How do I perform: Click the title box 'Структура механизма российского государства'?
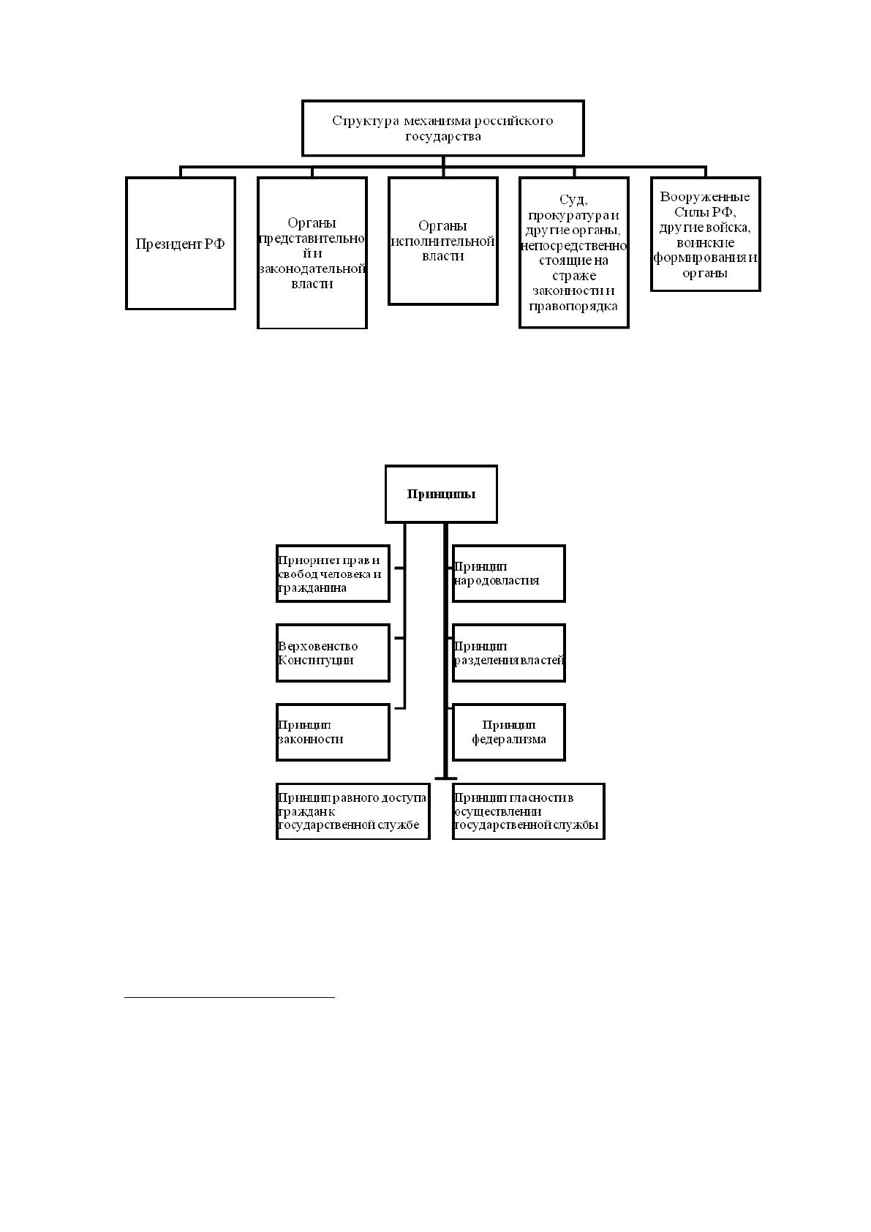pyautogui.click(x=442, y=128)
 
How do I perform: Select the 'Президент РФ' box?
pyautogui.click(x=181, y=243)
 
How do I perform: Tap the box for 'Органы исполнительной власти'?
pyautogui.click(x=442, y=241)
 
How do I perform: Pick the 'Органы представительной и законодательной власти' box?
pyautogui.click(x=312, y=253)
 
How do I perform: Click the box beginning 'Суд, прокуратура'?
pyautogui.click(x=573, y=252)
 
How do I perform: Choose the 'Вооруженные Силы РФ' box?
pyautogui.click(x=706, y=234)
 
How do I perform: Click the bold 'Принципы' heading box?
pyautogui.click(x=441, y=494)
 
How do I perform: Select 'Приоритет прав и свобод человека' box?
pyautogui.click(x=333, y=574)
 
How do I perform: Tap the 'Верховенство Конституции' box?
pyautogui.click(x=333, y=653)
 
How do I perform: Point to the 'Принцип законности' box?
pyautogui.click(x=333, y=732)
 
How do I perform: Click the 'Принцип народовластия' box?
pyautogui.click(x=509, y=574)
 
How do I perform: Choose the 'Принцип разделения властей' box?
pyautogui.click(x=509, y=653)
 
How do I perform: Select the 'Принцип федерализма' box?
pyautogui.click(x=509, y=732)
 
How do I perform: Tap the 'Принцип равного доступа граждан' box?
pyautogui.click(x=352, y=811)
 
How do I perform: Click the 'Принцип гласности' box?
pyautogui.click(x=529, y=811)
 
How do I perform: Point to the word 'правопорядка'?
pyautogui.click(x=573, y=307)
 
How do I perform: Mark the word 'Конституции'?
pyautogui.click(x=316, y=660)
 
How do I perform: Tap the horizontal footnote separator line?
pyautogui.click(x=230, y=996)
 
